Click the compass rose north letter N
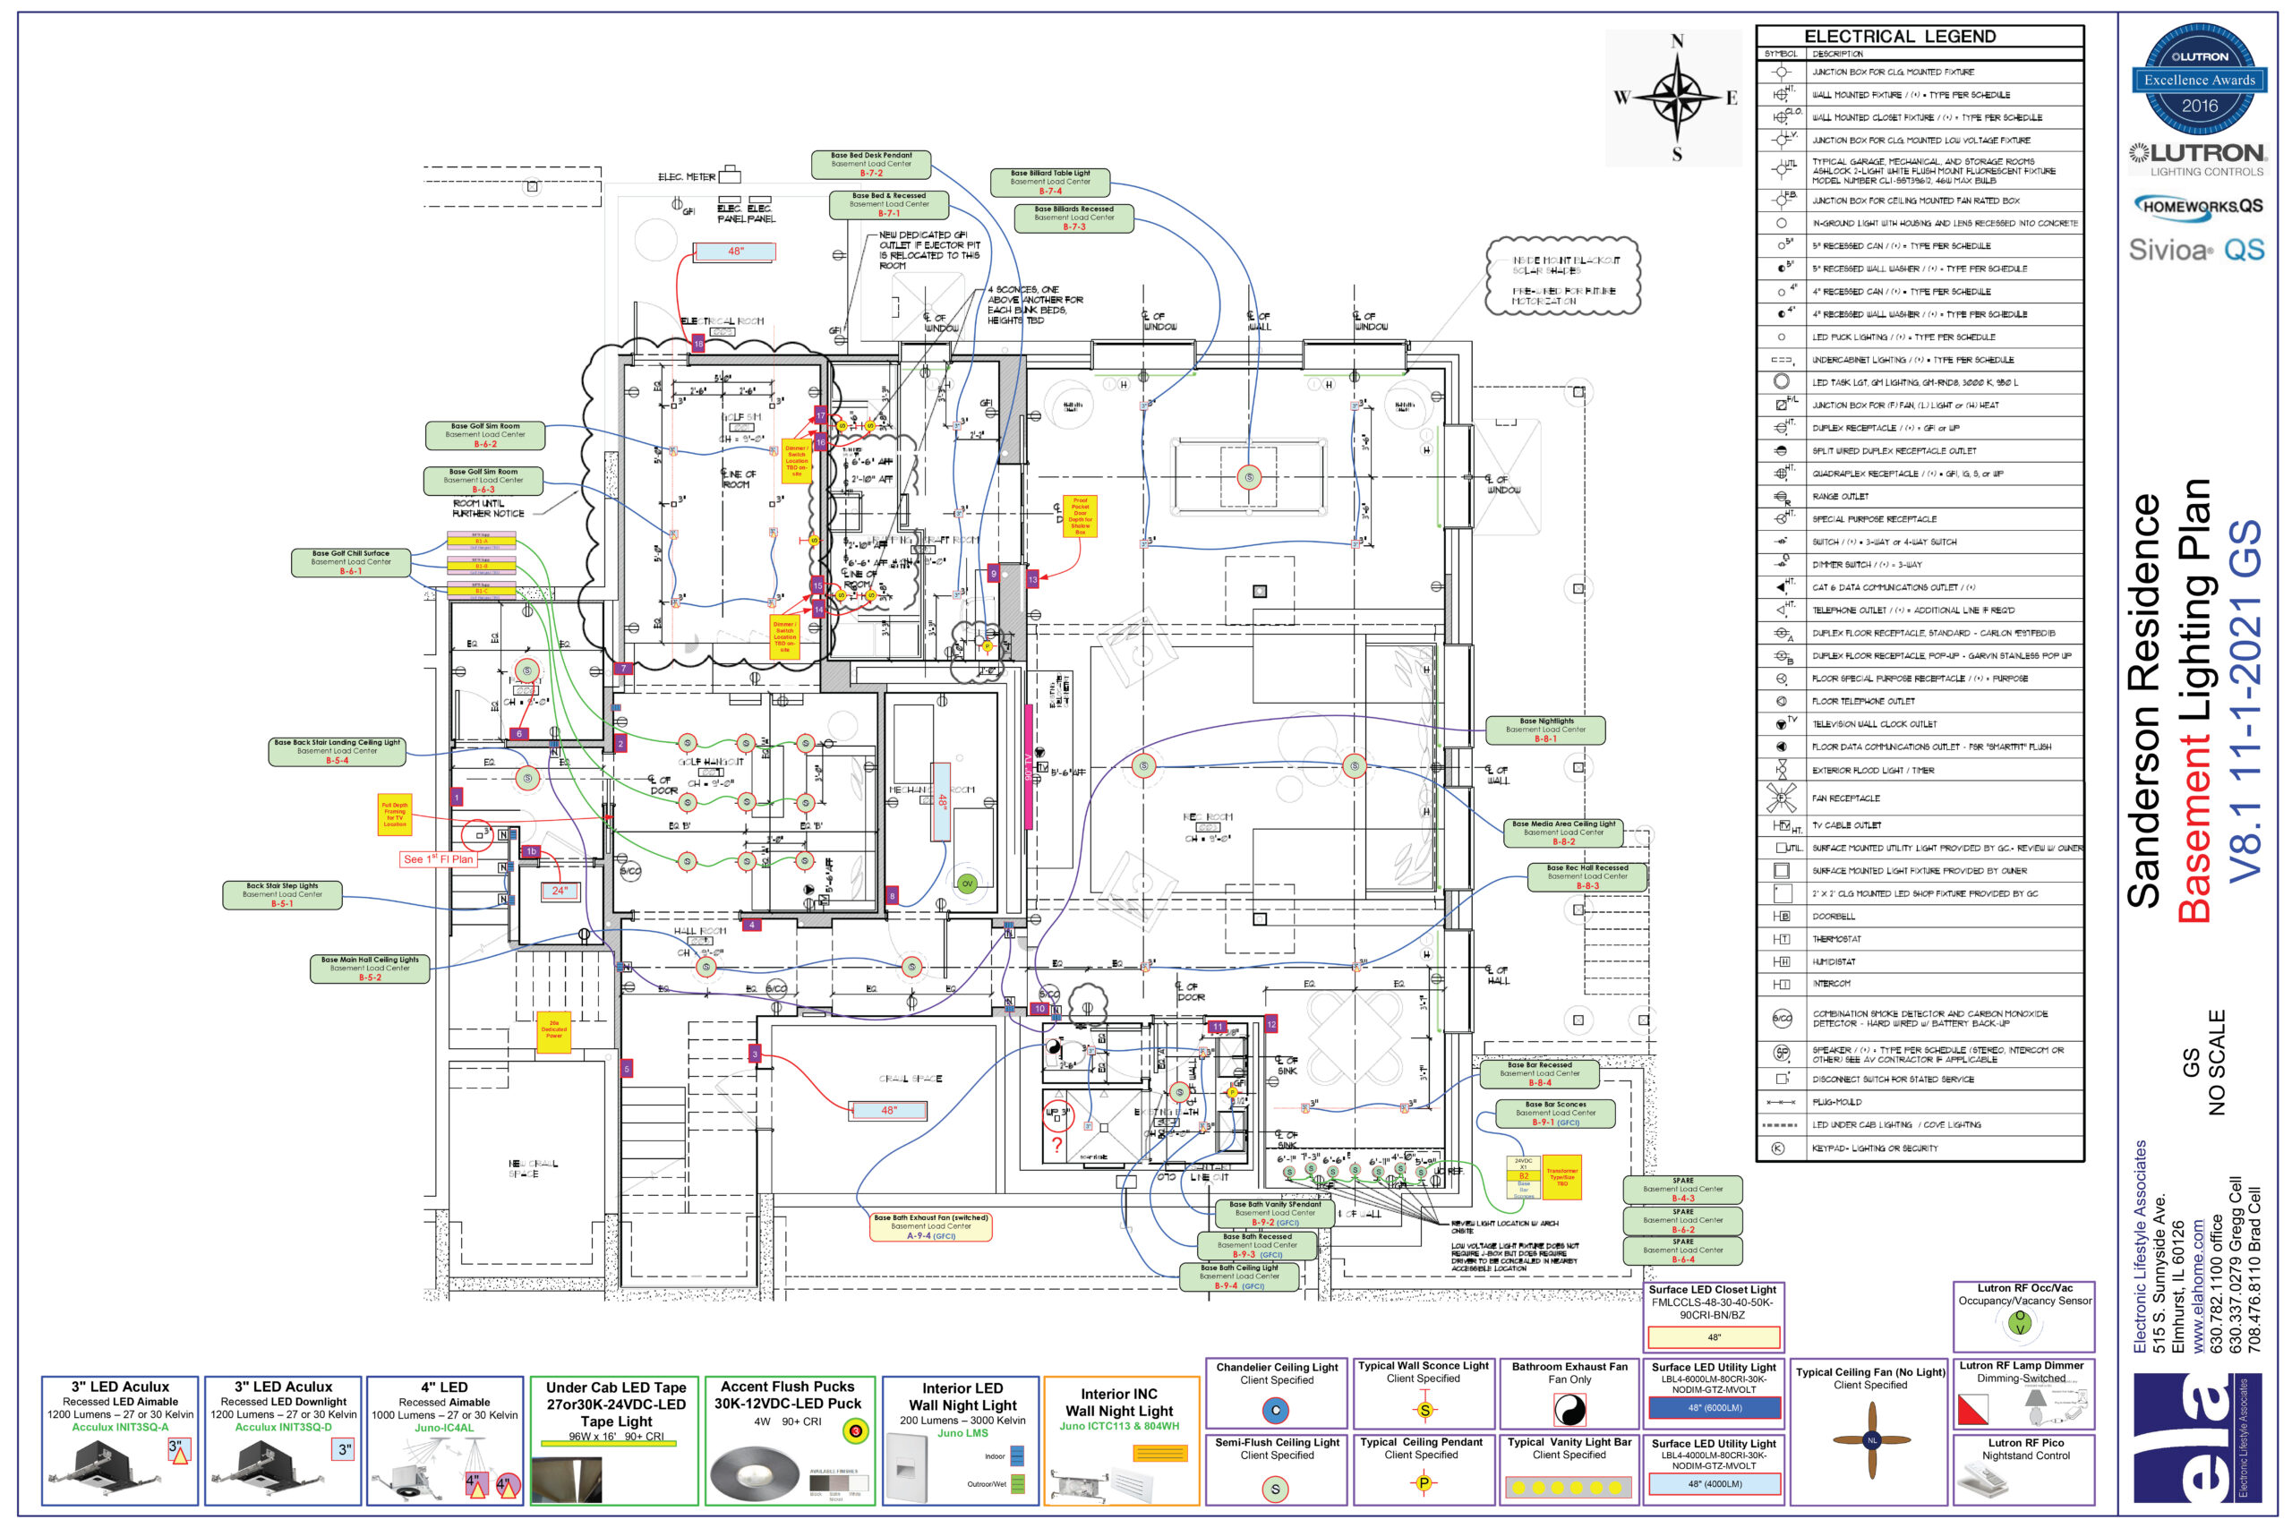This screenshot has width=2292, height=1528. click(1677, 41)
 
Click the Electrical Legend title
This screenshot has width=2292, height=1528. click(1899, 36)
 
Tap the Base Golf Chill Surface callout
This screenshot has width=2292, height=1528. click(351, 562)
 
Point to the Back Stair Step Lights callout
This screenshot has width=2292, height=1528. click(283, 894)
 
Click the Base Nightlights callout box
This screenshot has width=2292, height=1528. click(1545, 730)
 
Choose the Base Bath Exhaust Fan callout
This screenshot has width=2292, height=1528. click(930, 1227)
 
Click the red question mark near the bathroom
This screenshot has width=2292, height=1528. click(1056, 1147)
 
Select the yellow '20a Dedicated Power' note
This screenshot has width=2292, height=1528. click(553, 1031)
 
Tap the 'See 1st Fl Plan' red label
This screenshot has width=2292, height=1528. click(438, 859)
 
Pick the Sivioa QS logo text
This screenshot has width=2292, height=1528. click(2195, 251)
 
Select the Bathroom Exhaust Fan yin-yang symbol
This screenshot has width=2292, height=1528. click(1569, 1409)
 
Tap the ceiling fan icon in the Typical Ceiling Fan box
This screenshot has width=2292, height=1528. click(1871, 1440)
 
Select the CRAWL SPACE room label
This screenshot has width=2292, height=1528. click(911, 1079)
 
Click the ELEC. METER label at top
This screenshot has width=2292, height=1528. click(686, 177)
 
